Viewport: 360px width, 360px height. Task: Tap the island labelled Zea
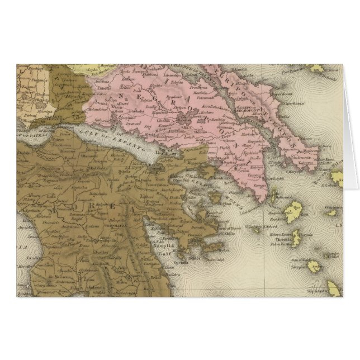click(293, 210)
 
